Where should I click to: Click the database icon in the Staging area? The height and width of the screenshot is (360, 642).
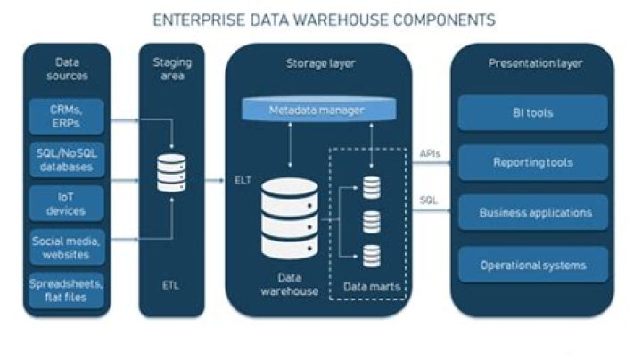pyautogui.click(x=171, y=173)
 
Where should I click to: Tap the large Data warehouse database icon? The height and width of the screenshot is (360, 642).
pyautogui.click(x=289, y=217)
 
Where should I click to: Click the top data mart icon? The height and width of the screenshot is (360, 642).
pyautogui.click(x=371, y=188)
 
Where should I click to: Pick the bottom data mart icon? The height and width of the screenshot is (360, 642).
pyautogui.click(x=371, y=255)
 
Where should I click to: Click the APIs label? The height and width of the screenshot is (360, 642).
pyautogui.click(x=430, y=153)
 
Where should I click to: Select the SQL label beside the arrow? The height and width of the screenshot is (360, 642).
pyautogui.click(x=429, y=200)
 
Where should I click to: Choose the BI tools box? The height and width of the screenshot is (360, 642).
pyautogui.click(x=533, y=113)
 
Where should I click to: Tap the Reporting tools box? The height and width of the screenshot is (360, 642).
pyautogui.click(x=533, y=163)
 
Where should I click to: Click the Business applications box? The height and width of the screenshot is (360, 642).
pyautogui.click(x=533, y=214)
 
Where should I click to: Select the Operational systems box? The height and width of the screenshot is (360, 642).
pyautogui.click(x=533, y=265)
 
